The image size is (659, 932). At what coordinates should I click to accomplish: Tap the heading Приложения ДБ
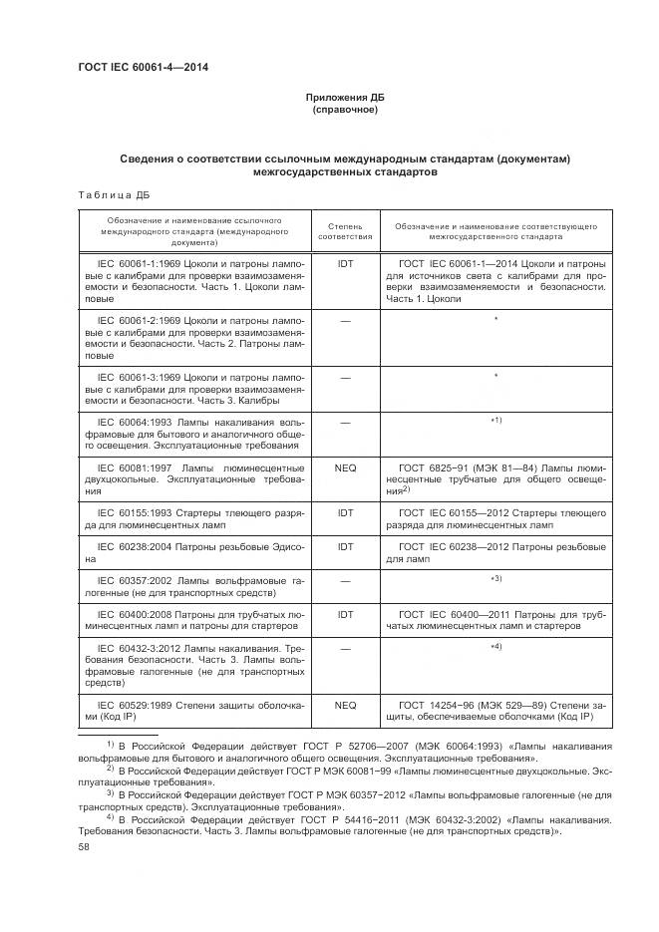[x=345, y=97]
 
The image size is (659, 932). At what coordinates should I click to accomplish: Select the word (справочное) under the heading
[x=345, y=109]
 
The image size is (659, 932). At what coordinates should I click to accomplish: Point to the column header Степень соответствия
[x=345, y=232]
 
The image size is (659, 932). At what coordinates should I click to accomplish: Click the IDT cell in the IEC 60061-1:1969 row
[x=345, y=263]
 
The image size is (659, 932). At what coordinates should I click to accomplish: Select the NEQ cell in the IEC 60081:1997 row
[x=345, y=466]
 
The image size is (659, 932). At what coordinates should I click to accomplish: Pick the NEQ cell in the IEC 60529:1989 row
[x=345, y=705]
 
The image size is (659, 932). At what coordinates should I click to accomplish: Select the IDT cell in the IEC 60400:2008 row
[x=345, y=615]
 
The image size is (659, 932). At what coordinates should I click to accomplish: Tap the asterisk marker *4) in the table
[x=495, y=648]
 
